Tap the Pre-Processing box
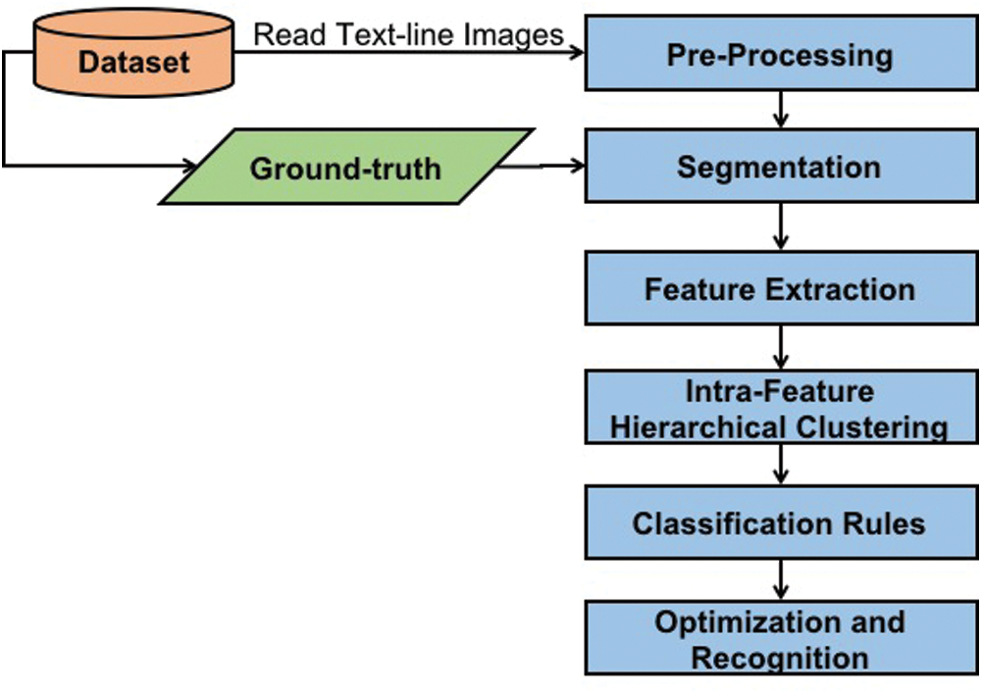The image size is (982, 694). (x=780, y=55)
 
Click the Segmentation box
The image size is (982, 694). (x=780, y=167)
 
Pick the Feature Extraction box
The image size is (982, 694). (x=780, y=288)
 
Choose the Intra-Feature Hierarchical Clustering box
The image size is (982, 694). (x=780, y=408)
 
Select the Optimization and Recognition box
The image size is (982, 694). (x=780, y=638)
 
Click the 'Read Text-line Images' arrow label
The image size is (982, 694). (x=409, y=34)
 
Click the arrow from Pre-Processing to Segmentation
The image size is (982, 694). (x=781, y=110)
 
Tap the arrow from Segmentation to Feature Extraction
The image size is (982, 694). (x=781, y=226)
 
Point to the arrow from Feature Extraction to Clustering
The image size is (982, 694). (x=781, y=346)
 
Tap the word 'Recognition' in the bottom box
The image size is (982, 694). (x=780, y=657)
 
